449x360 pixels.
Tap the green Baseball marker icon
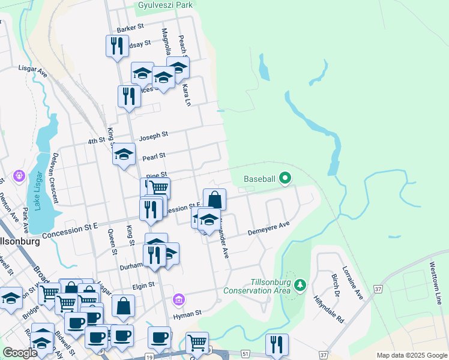[285, 178]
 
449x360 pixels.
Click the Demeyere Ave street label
[270, 229]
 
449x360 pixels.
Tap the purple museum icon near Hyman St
[178, 299]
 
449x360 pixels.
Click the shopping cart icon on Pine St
[158, 187]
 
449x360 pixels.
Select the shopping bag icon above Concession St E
[214, 199]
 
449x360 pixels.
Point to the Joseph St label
[153, 137]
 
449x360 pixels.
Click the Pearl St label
[154, 156]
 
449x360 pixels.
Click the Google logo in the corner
[20, 353]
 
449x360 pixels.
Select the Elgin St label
[143, 286]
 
